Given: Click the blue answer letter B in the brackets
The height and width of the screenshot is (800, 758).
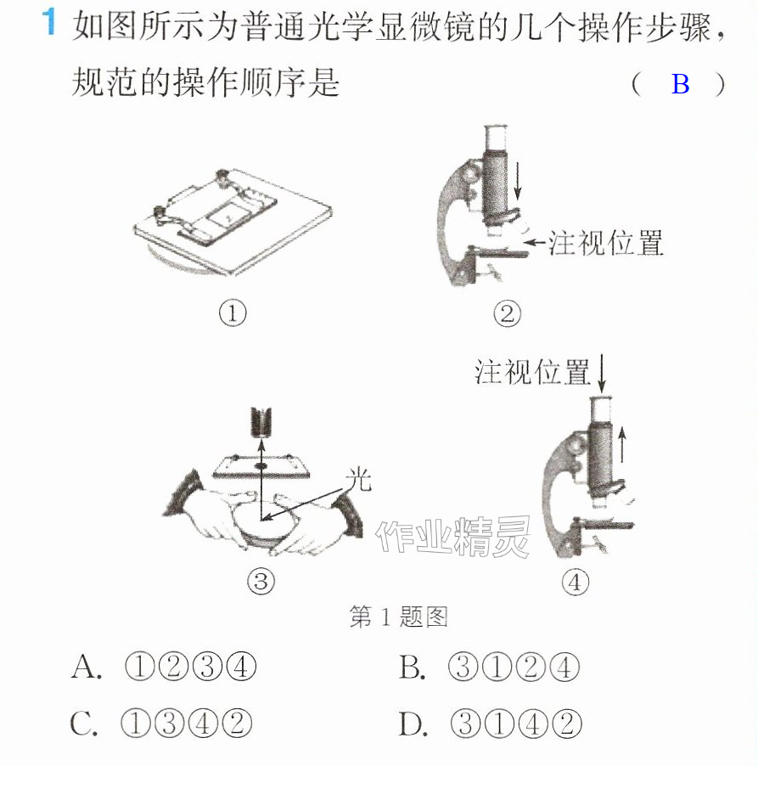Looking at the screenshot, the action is coord(680,84).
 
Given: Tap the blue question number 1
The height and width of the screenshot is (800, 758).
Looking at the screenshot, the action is coord(48,21).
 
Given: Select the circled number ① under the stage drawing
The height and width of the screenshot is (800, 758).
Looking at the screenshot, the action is coord(233,313).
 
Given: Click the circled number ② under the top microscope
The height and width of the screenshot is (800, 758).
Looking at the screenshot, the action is coord(507,313).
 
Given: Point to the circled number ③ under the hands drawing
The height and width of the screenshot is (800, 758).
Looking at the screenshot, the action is coord(261,581).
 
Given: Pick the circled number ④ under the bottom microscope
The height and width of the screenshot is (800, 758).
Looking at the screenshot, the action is coord(575,582).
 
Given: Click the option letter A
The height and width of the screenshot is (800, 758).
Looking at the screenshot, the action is coord(86,667).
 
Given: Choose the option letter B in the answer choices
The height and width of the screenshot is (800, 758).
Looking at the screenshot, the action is coord(412,667).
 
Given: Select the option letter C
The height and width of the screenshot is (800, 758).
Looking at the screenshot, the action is coord(83,723).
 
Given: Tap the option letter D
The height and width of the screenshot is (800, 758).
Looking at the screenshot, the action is coord(413,724).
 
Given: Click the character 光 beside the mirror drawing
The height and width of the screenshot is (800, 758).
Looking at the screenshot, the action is coord(358,480).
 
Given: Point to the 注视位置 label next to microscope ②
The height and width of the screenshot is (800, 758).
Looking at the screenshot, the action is coord(605,243).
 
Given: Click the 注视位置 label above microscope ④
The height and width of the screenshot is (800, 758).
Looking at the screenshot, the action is coord(532,371).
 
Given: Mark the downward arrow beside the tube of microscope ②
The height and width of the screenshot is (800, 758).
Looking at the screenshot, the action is coord(518,181).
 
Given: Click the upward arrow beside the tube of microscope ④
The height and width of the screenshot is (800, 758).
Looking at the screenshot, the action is coord(621,445).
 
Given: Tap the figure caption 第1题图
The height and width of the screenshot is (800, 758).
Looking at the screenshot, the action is coord(398,617).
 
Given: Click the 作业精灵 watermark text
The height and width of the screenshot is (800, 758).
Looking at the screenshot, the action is coord(453,536).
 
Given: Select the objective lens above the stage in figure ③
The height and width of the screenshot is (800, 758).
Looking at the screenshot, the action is coord(261,421).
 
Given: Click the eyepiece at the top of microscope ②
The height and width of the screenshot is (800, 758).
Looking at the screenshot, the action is coord(496,138).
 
